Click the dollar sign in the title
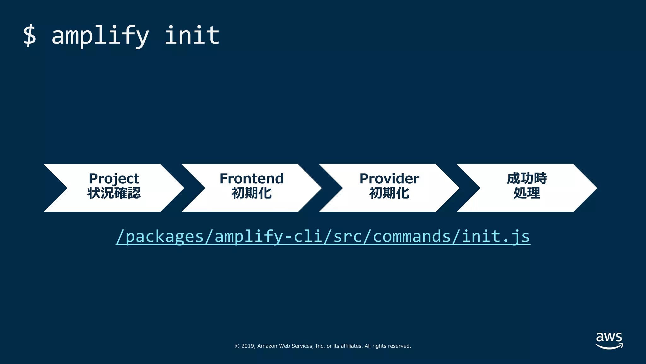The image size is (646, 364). click(30, 35)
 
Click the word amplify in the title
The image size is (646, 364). click(100, 35)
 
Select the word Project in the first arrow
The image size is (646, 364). click(114, 179)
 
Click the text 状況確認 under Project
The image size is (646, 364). click(114, 193)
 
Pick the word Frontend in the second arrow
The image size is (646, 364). click(251, 179)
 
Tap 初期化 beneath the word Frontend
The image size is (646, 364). click(251, 193)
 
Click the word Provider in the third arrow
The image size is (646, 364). click(389, 179)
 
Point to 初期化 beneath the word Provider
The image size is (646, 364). click(389, 193)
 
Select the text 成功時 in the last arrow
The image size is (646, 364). click(527, 179)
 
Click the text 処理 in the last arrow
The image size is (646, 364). click(527, 193)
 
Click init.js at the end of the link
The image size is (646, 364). click(496, 236)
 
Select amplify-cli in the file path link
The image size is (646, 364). click(268, 236)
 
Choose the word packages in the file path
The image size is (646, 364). click(165, 236)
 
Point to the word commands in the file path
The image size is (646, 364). click(412, 236)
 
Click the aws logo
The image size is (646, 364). click(609, 340)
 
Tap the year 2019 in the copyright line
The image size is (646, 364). click(248, 346)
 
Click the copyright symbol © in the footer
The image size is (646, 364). click(237, 346)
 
